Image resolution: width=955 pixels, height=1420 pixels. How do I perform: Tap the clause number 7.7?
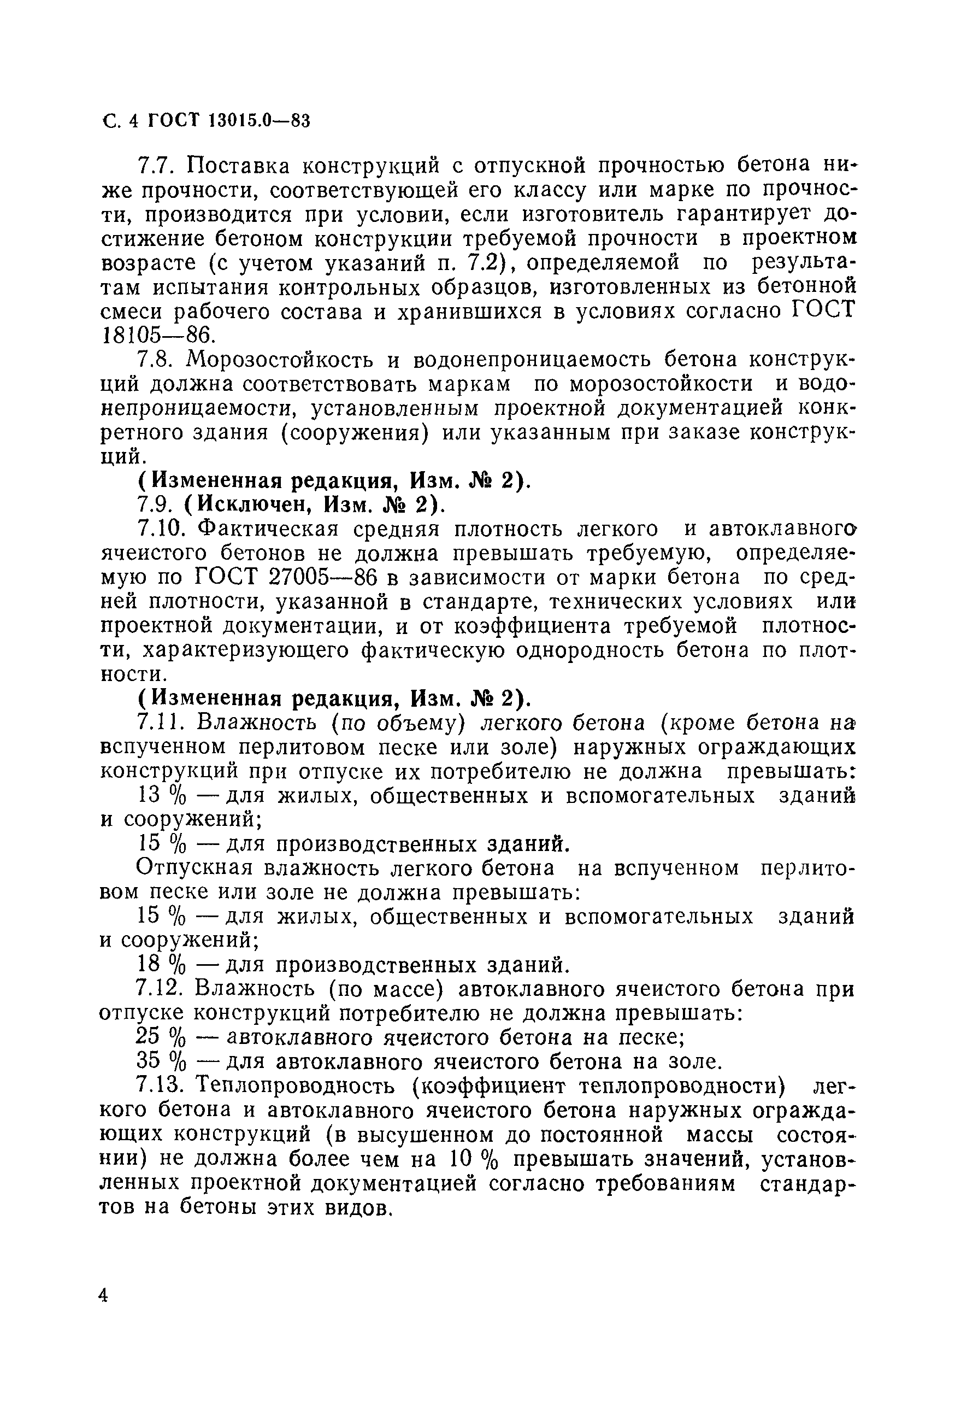tap(157, 166)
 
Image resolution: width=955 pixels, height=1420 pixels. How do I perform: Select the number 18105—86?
tap(158, 335)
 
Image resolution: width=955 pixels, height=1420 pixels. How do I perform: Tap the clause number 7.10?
tap(162, 530)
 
